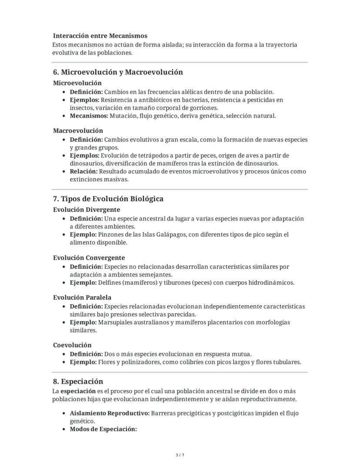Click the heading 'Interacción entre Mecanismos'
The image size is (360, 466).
(100, 36)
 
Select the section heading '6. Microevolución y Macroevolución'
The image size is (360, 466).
(118, 72)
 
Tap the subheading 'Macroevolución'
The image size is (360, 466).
(78, 131)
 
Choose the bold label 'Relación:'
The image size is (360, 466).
(83, 171)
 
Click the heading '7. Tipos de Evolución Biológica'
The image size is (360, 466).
(108, 199)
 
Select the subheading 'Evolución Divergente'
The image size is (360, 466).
(87, 210)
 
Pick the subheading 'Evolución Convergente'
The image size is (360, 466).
(89, 258)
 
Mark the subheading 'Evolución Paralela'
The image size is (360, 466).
(82, 298)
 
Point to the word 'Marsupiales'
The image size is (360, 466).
(115, 322)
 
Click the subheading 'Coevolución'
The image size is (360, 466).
(72, 345)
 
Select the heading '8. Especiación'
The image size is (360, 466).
(78, 382)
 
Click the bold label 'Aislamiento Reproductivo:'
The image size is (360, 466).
(110, 413)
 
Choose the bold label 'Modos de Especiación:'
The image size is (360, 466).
(103, 429)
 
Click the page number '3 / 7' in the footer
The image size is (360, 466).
(180, 455)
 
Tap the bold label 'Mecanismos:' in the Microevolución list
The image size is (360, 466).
(89, 116)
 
